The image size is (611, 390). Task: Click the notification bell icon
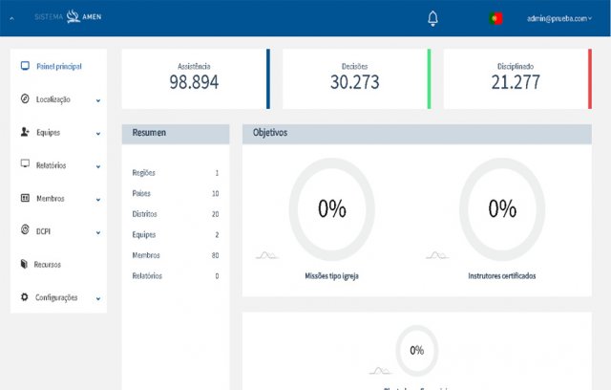click(x=432, y=18)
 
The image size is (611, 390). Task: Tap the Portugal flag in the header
click(x=495, y=18)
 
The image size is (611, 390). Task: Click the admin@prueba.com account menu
click(x=558, y=18)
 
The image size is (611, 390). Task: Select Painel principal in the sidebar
click(x=57, y=66)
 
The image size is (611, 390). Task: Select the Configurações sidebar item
click(x=57, y=297)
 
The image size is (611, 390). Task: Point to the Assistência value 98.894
click(x=194, y=82)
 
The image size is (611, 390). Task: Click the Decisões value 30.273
click(x=355, y=82)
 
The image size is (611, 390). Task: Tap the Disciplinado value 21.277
click(x=516, y=82)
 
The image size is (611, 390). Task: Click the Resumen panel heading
click(x=150, y=133)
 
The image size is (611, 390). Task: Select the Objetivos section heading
click(x=270, y=133)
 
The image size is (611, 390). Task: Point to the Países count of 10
click(x=215, y=193)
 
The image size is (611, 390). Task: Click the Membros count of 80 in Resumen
click(x=215, y=255)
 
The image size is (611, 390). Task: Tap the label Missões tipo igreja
click(x=331, y=275)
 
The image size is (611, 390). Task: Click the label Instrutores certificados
click(x=501, y=275)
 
